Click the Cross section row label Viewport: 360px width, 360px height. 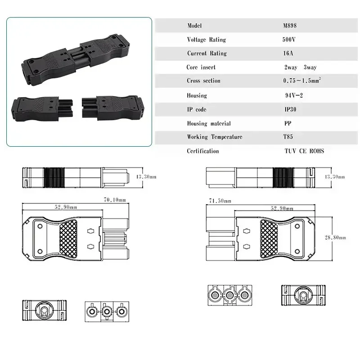click(x=203, y=81)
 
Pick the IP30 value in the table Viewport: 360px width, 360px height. click(x=290, y=109)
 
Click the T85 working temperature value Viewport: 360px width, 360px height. click(x=288, y=137)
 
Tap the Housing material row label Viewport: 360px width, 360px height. click(x=209, y=123)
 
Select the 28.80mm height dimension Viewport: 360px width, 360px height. click(x=337, y=237)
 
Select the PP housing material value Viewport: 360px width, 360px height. click(x=287, y=123)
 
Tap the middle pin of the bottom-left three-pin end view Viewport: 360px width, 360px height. click(x=106, y=311)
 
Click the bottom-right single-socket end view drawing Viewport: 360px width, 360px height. click(x=304, y=296)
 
